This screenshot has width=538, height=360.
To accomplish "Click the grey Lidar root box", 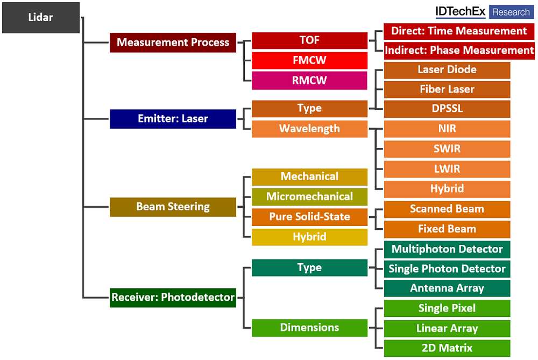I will tap(41, 18).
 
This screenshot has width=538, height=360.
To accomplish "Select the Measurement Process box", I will tap(173, 43).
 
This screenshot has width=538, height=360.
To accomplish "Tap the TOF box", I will tap(309, 40).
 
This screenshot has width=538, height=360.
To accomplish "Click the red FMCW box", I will tap(309, 60).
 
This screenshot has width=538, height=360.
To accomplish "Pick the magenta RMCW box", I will tap(309, 81).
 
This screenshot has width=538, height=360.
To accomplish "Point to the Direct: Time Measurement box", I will tap(459, 31).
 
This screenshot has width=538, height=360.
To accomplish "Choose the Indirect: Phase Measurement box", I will tap(459, 50).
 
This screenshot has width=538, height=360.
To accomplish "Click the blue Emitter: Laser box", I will tap(173, 119).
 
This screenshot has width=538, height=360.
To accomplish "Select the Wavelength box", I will tap(309, 129).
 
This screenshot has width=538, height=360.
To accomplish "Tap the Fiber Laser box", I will tap(447, 89).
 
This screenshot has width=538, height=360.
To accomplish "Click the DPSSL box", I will tap(447, 109).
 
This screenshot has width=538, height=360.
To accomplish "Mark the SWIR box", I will tap(447, 149).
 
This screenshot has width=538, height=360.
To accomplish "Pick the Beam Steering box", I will tap(173, 207).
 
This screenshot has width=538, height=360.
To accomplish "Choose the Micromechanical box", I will tap(309, 196).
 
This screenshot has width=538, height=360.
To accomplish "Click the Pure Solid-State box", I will tap(309, 217).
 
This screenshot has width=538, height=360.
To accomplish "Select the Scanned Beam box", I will tap(447, 209).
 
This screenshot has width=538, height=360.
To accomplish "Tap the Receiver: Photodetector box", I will tap(173, 297).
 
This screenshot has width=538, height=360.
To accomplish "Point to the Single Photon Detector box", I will tap(447, 269).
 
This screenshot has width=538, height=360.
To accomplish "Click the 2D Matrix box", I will tap(447, 348).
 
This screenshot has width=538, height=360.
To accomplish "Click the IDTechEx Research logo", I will tap(484, 12).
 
